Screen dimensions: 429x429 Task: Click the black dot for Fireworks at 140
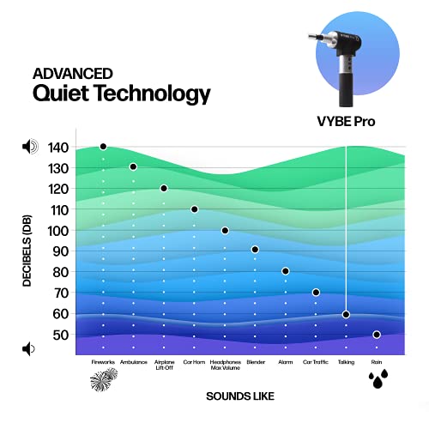(103, 147)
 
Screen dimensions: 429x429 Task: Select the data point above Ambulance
(133, 166)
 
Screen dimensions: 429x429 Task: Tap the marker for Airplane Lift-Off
(164, 188)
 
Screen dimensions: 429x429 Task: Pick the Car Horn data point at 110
(195, 209)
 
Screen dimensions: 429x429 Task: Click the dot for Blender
(255, 250)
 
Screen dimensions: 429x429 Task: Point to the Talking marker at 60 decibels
(346, 314)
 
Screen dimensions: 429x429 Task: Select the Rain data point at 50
(377, 335)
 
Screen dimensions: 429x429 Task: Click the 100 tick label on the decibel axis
(57, 230)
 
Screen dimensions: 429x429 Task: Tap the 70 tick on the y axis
(57, 293)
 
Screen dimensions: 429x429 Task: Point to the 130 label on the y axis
(57, 167)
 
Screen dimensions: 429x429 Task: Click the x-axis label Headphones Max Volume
(225, 366)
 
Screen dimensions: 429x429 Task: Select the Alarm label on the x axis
(285, 363)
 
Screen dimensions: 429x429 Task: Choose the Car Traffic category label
(316, 363)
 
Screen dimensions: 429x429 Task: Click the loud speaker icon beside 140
(30, 147)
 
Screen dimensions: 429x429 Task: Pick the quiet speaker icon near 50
(29, 348)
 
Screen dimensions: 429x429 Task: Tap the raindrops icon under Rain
(377, 380)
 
